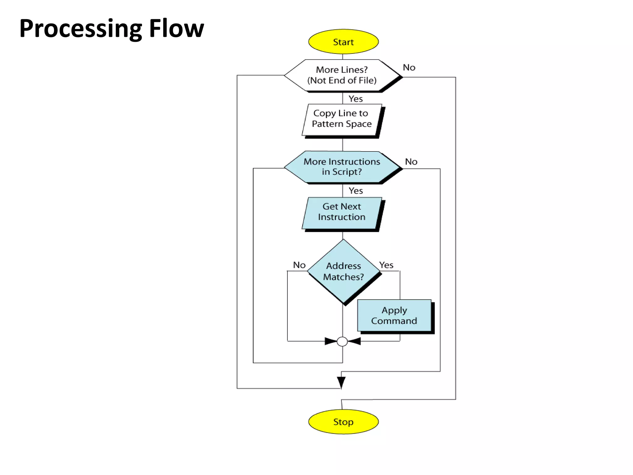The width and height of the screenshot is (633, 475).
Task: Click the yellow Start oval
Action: coord(343,42)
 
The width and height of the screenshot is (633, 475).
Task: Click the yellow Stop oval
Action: coord(343,422)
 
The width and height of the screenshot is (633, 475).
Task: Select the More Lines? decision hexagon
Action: coord(342,75)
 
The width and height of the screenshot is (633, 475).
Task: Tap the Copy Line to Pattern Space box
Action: coord(342,119)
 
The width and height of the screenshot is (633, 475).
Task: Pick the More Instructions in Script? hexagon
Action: coord(342,167)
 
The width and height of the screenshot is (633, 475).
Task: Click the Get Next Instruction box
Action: coord(342,212)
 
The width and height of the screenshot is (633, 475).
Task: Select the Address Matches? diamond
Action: coord(343,271)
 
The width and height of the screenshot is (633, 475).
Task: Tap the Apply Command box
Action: coord(394,315)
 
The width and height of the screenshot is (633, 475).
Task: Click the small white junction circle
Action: coord(342,341)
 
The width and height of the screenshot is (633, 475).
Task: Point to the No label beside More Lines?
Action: coord(409,67)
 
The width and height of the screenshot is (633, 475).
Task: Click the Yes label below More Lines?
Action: coord(355,99)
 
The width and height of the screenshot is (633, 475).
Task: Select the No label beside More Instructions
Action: coord(411,162)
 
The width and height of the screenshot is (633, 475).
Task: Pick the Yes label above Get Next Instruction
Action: coord(355,191)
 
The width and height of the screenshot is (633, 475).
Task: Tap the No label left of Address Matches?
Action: coord(299,265)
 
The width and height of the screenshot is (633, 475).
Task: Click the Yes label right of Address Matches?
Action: coord(386,265)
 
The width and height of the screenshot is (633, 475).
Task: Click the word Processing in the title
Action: coord(80,29)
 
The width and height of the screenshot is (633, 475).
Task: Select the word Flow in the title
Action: coord(176,28)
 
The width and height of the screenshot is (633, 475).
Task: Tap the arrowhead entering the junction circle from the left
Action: coord(331,341)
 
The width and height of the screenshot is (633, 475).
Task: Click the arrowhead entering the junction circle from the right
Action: coord(354,341)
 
